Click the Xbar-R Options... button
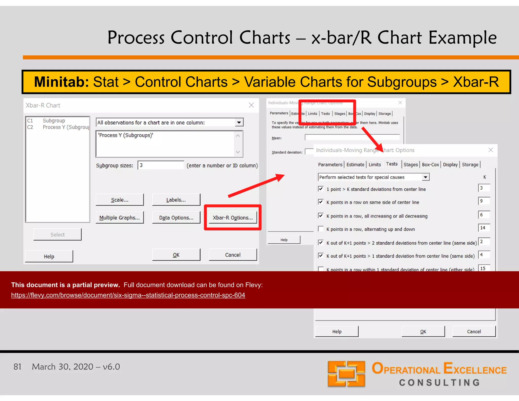(x=233, y=217)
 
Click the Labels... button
(x=176, y=200)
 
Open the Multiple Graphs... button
(x=120, y=217)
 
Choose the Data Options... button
(x=176, y=217)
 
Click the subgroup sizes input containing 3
(x=161, y=165)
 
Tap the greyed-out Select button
(x=58, y=234)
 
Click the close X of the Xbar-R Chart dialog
(x=251, y=105)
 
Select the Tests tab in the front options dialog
(x=392, y=164)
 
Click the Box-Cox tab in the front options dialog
(x=430, y=165)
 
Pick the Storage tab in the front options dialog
(x=470, y=165)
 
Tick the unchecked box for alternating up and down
(x=321, y=229)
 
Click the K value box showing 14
(x=484, y=228)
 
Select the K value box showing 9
(x=484, y=201)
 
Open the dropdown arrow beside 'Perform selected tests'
(x=426, y=177)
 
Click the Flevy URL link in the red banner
(x=128, y=295)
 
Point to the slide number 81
(x=17, y=367)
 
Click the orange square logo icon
(x=346, y=374)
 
